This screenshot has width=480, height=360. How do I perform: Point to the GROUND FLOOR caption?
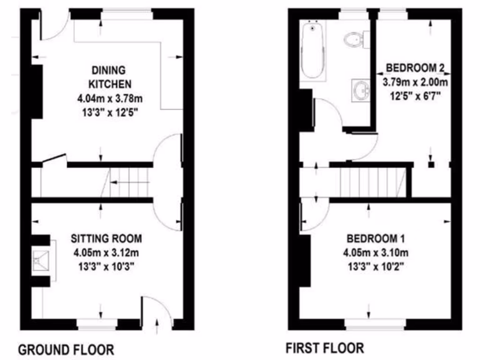click(x=66, y=349)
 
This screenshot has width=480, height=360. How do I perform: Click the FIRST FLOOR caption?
click(x=324, y=348)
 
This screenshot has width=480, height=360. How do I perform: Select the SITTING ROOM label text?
click(x=106, y=239)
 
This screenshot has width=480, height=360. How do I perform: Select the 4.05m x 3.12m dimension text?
click(x=106, y=253)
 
